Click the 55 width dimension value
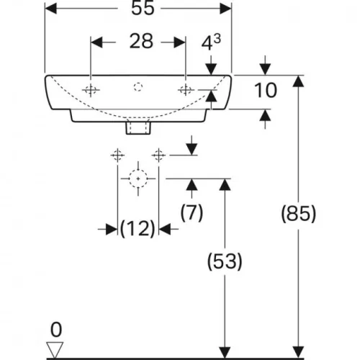point(143,9)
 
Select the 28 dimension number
point(141,41)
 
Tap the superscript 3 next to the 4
point(217,38)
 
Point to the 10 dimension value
point(266,90)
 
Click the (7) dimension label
point(192,212)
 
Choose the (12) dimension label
point(138,229)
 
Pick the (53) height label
point(225,261)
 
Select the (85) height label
point(299,214)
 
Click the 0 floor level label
point(56,330)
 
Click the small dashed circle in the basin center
point(138,86)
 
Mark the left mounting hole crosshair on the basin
point(91,90)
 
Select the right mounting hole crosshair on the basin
point(186,90)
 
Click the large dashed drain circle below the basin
point(138,170)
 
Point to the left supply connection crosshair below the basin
point(117,155)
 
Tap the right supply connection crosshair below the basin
point(158,155)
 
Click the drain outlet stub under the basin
point(138,127)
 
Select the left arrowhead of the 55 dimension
point(51,9)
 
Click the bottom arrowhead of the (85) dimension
point(299,352)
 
